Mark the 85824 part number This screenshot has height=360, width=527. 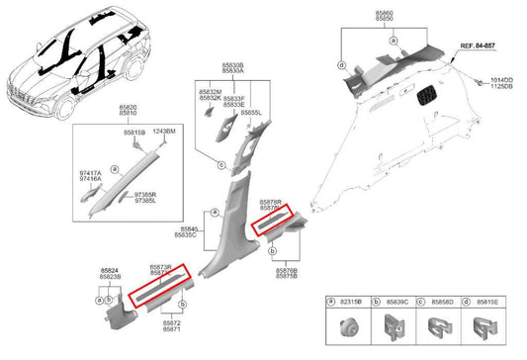[x=111, y=269]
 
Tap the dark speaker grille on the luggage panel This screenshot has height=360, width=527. [x=429, y=96]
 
